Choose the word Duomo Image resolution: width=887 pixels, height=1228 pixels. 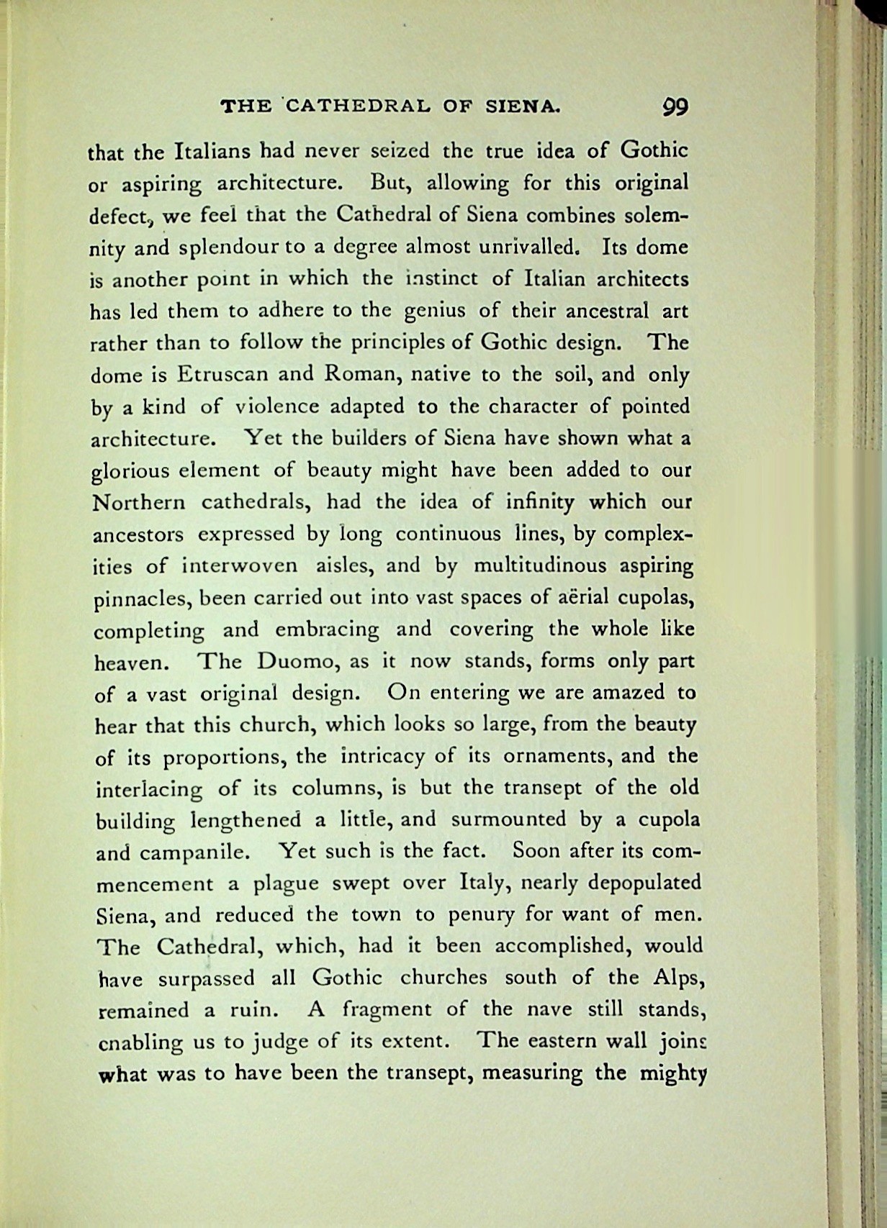coord(297,661)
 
